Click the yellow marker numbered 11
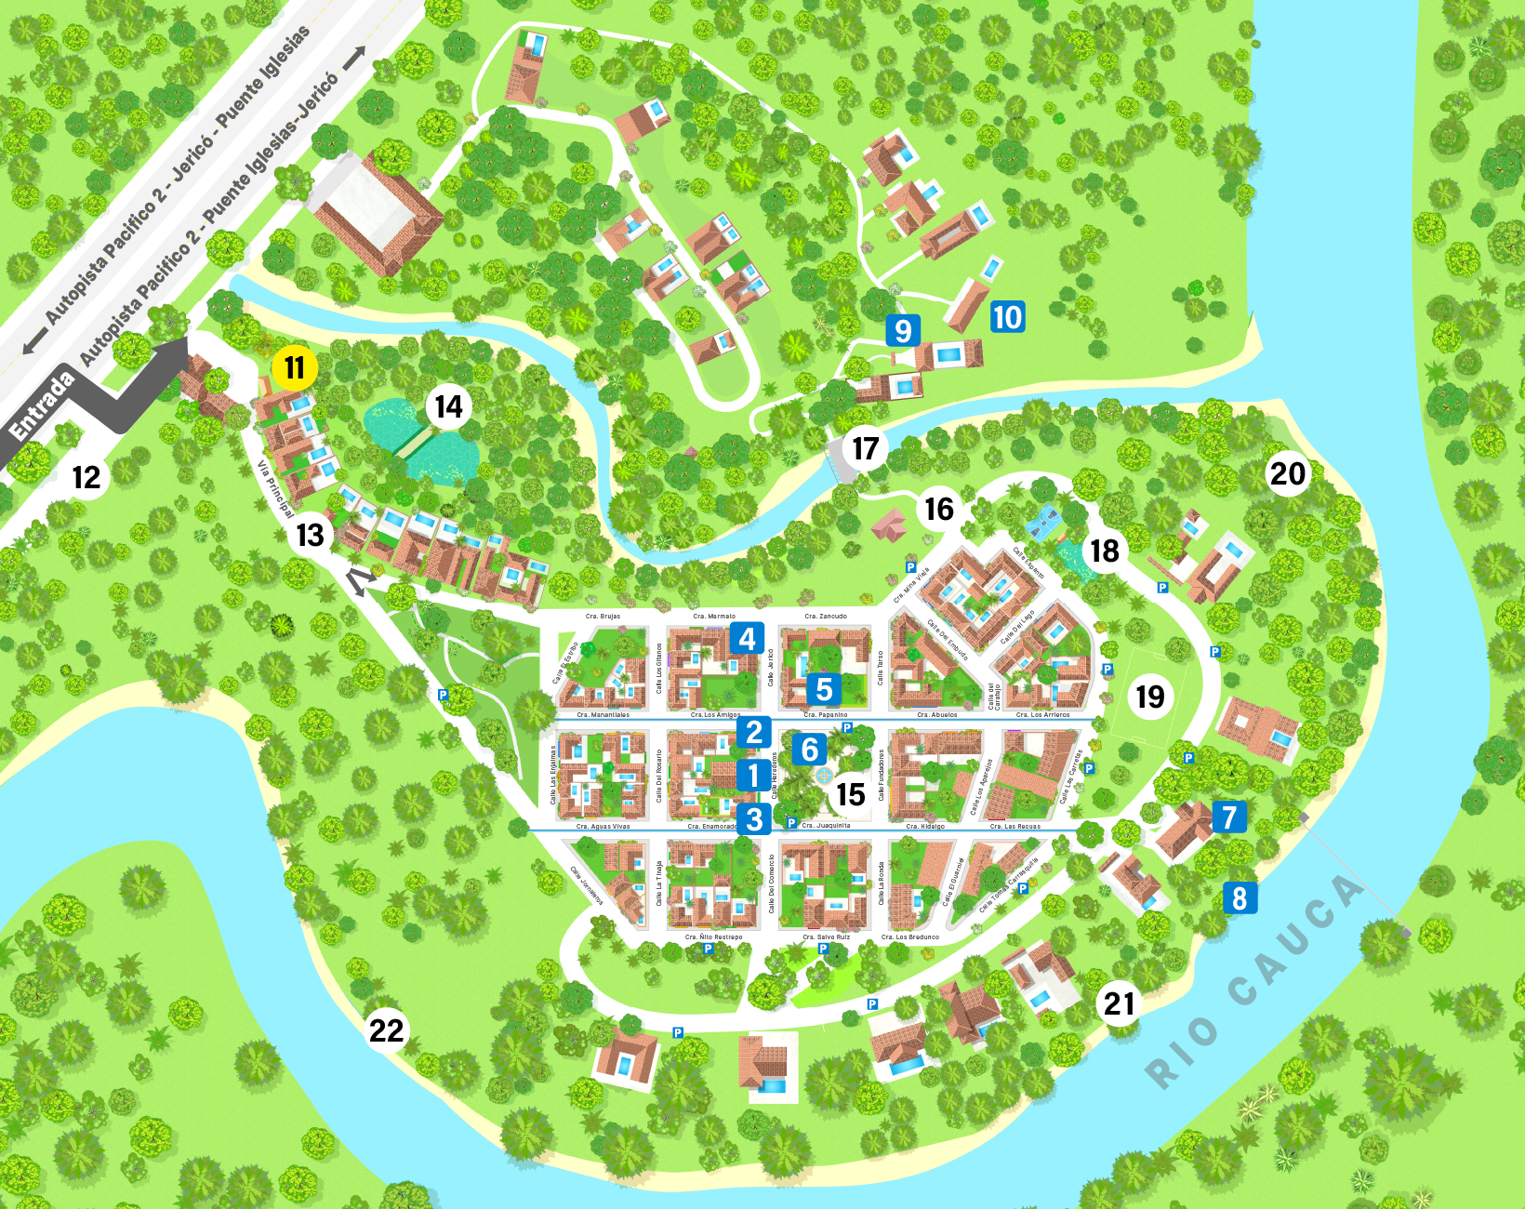pos(295,368)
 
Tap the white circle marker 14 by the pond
pos(449,406)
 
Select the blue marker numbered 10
pos(1007,317)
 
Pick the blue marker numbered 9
pos(902,330)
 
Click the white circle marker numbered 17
pos(866,449)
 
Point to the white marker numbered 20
pos(1288,473)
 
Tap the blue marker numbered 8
pos(1240,898)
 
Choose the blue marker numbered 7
pos(1229,817)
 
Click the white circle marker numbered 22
pos(387,1030)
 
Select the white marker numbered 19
pos(1150,696)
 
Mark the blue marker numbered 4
pos(747,639)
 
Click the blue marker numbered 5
pos(824,689)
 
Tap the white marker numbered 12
pos(86,477)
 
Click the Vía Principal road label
pos(275,488)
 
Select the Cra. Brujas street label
pos(603,616)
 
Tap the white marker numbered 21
pos(1120,1003)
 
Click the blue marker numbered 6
pos(809,749)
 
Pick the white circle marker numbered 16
pos(939,509)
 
